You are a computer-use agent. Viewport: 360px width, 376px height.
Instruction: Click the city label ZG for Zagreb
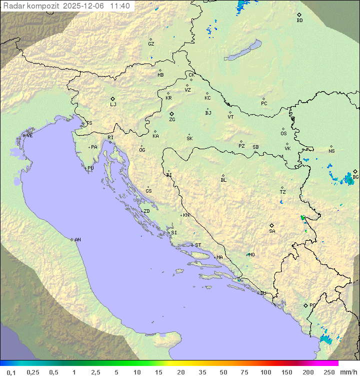click(172, 120)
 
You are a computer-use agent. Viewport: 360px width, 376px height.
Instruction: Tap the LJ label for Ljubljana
click(113, 105)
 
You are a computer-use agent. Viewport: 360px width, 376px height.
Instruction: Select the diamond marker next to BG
click(355, 171)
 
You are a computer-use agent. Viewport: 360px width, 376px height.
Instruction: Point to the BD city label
click(299, 21)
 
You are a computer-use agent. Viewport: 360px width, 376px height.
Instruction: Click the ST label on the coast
click(198, 245)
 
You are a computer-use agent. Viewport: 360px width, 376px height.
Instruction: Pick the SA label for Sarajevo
click(272, 231)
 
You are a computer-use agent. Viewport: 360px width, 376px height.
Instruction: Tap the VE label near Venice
click(29, 136)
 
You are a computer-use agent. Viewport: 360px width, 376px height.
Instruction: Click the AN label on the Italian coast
click(77, 240)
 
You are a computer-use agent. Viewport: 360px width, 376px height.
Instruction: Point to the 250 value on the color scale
click(329, 372)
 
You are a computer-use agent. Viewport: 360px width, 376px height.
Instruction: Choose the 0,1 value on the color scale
click(11, 372)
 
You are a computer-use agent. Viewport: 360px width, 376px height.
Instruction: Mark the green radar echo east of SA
click(302, 218)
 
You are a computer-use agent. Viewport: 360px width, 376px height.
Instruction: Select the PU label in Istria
click(90, 168)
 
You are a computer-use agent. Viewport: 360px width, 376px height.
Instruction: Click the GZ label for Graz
click(151, 44)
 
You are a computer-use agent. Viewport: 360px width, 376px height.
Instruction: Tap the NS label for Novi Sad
click(331, 151)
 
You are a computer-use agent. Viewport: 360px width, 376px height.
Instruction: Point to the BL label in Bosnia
click(223, 180)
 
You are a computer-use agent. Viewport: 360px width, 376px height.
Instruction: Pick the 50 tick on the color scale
click(222, 372)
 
